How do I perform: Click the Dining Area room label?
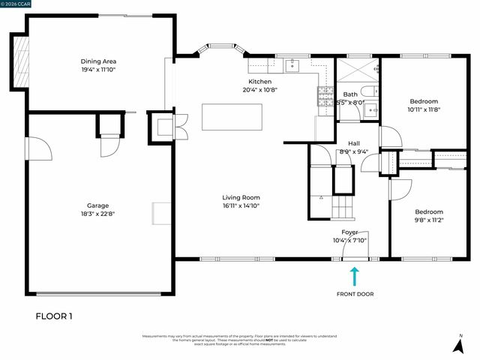98,61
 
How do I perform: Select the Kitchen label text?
260,82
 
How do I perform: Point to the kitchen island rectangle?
232,118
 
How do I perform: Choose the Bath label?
350,94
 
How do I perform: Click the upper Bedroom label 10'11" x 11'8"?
424,100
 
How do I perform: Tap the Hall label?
354,143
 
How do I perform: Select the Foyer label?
350,232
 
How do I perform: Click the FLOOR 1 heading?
55,316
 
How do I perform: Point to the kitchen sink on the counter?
295,63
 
